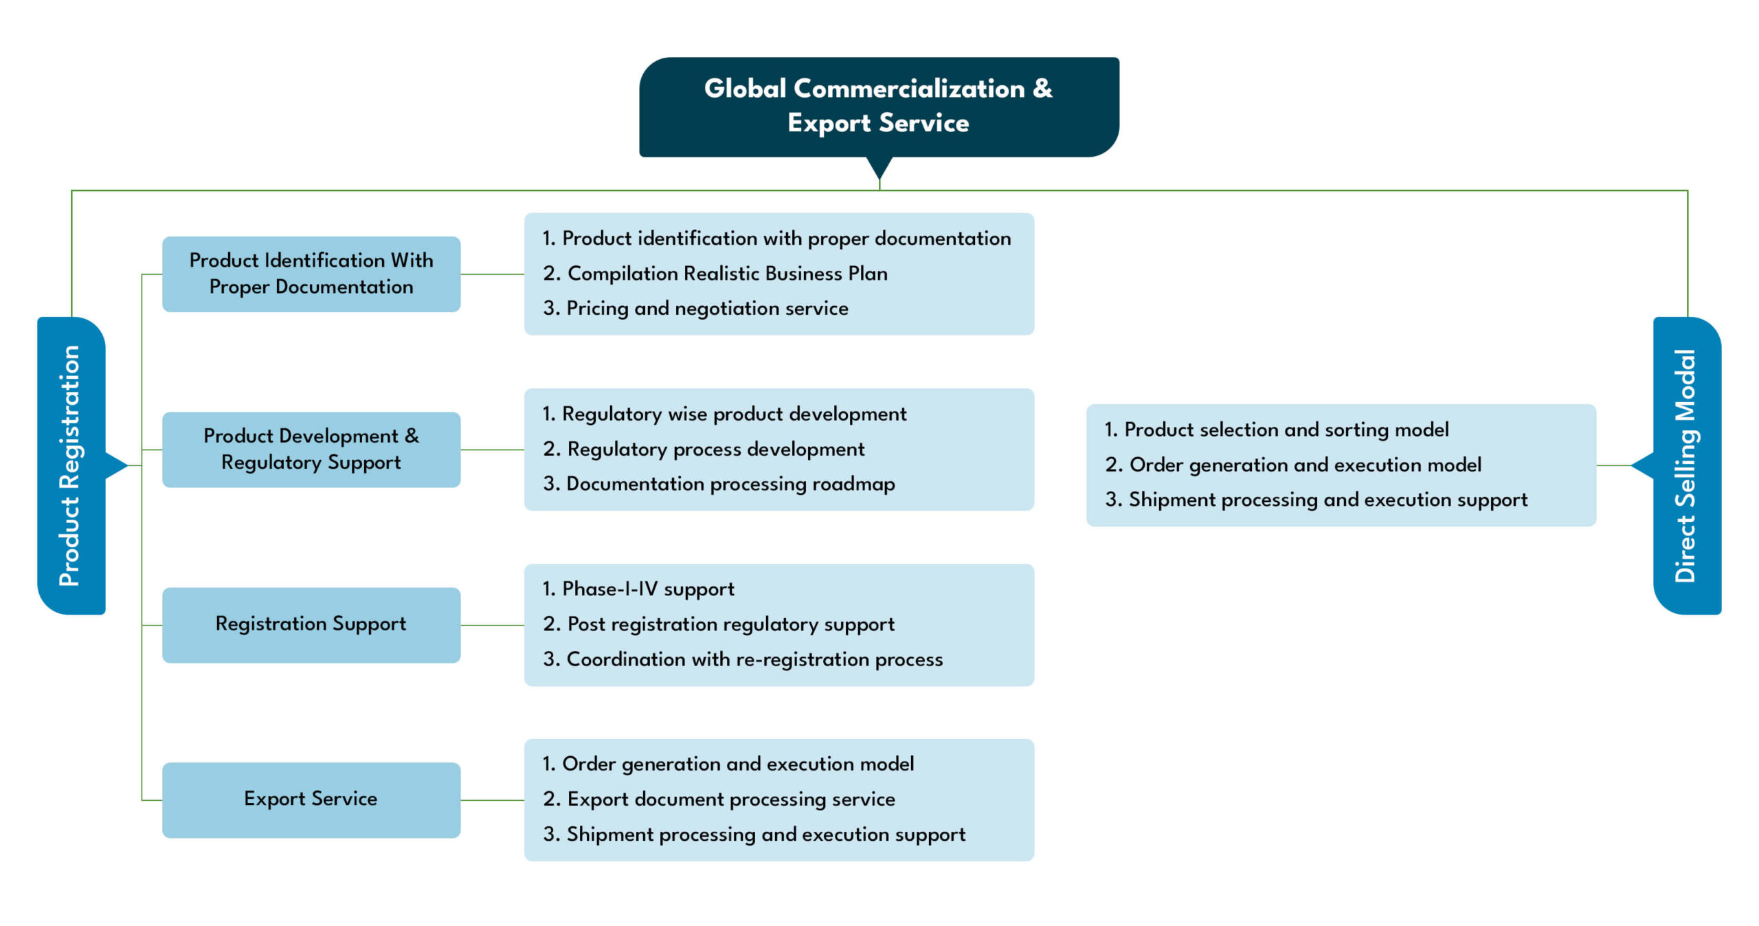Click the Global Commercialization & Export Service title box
pyautogui.click(x=878, y=107)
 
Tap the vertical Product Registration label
pyautogui.click(x=70, y=465)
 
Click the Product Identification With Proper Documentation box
pyautogui.click(x=311, y=274)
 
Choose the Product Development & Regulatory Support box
pyautogui.click(x=311, y=449)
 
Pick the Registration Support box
pyautogui.click(x=311, y=624)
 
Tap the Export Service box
pyautogui.click(x=311, y=799)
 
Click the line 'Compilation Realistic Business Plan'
pyautogui.click(x=726, y=274)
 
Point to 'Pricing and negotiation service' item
pyautogui.click(x=706, y=309)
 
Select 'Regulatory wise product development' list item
pyautogui.click(x=733, y=414)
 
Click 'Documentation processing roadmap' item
pyautogui.click(x=730, y=484)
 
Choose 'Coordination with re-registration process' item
pyautogui.click(x=754, y=659)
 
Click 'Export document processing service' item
pyautogui.click(x=730, y=799)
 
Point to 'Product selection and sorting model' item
pyautogui.click(x=1286, y=430)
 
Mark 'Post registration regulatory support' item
pyautogui.click(x=730, y=624)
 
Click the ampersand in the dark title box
pyautogui.click(x=1042, y=88)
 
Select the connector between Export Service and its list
pyautogui.click(x=492, y=800)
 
